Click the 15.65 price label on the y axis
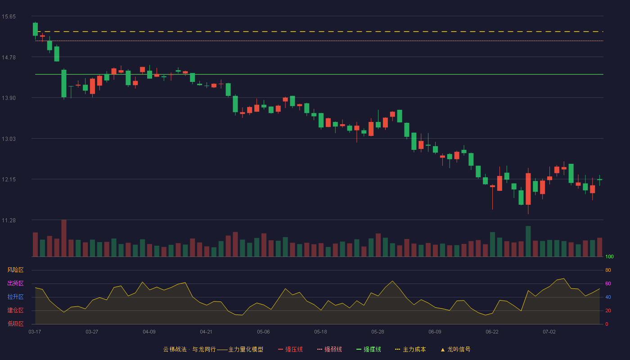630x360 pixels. click(x=9, y=17)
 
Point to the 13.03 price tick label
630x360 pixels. click(x=9, y=139)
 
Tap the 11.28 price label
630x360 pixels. click(x=9, y=220)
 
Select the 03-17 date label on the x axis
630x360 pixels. click(x=35, y=332)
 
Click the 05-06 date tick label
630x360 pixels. click(x=263, y=332)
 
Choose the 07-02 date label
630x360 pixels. click(x=549, y=332)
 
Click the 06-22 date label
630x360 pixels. click(x=492, y=332)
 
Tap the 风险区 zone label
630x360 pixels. click(x=15, y=270)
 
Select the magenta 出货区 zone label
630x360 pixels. click(x=15, y=283)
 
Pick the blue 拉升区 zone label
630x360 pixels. click(x=15, y=297)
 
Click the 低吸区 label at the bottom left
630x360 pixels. click(x=15, y=324)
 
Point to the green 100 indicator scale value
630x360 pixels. click(x=609, y=256)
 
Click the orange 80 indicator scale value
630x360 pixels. click(x=608, y=270)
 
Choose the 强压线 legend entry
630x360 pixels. click(x=290, y=349)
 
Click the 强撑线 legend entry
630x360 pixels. click(x=369, y=349)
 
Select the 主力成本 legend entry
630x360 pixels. click(x=410, y=349)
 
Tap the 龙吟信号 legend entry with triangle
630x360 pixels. click(x=455, y=349)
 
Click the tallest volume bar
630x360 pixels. click(x=64, y=238)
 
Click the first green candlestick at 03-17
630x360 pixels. click(x=35, y=29)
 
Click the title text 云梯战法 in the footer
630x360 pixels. click(x=175, y=349)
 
